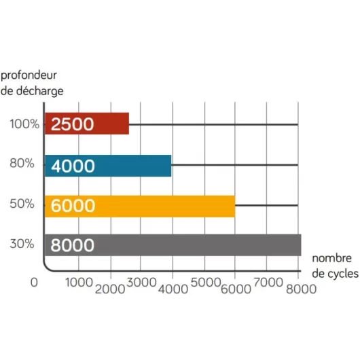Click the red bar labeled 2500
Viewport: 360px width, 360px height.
87,124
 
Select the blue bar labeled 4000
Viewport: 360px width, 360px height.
108,165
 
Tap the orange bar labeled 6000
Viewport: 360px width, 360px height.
139,205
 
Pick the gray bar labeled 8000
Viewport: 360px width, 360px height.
173,245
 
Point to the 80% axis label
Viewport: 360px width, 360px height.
23,165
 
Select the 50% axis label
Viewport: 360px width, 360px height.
23,205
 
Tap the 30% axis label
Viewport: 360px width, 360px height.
23,245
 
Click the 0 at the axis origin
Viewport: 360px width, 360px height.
34,283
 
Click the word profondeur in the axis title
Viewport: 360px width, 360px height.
33,73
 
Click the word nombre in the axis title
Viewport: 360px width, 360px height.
332,258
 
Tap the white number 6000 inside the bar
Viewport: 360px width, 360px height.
73,205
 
